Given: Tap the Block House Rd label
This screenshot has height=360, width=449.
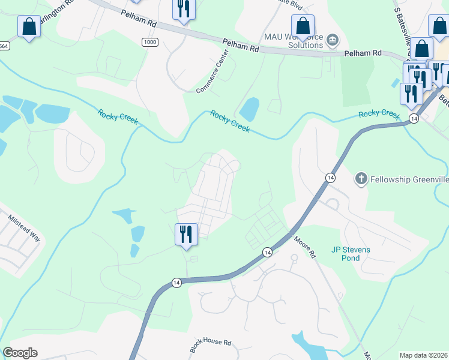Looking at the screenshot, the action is coord(211,346).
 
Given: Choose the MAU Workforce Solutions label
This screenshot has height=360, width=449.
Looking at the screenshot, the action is coord(292,41).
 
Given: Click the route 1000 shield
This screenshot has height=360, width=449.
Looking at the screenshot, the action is coord(150,41).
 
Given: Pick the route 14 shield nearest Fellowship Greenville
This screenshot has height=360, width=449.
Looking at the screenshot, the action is coord(330,177).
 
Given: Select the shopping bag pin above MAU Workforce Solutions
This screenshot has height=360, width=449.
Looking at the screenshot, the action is coord(303,26).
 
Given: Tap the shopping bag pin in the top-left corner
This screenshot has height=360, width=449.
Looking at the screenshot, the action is coord(29,26).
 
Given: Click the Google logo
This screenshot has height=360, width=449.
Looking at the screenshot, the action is coord(20,353).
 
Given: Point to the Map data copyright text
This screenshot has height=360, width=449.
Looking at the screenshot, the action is coord(423,355).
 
